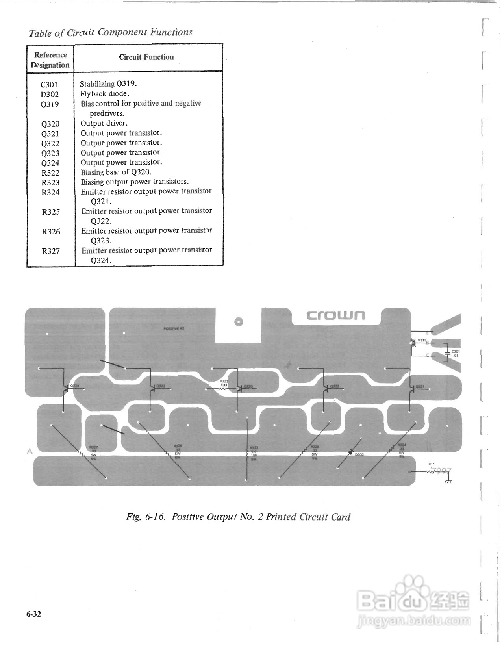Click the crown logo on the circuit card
[x=336, y=315]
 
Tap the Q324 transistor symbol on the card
[x=66, y=388]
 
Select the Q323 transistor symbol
[x=153, y=388]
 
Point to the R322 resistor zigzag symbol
[x=222, y=388]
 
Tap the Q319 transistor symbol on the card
[x=413, y=342]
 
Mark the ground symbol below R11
[x=448, y=481]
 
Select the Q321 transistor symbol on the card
[x=411, y=388]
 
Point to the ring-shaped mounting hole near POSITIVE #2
[x=237, y=322]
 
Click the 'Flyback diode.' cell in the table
[x=105, y=94]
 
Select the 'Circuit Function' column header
[x=146, y=57]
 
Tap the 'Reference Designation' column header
[x=50, y=60]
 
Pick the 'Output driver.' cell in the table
[x=104, y=123]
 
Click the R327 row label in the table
[x=51, y=251]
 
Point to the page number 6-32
[x=34, y=614]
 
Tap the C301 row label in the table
[x=50, y=84]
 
